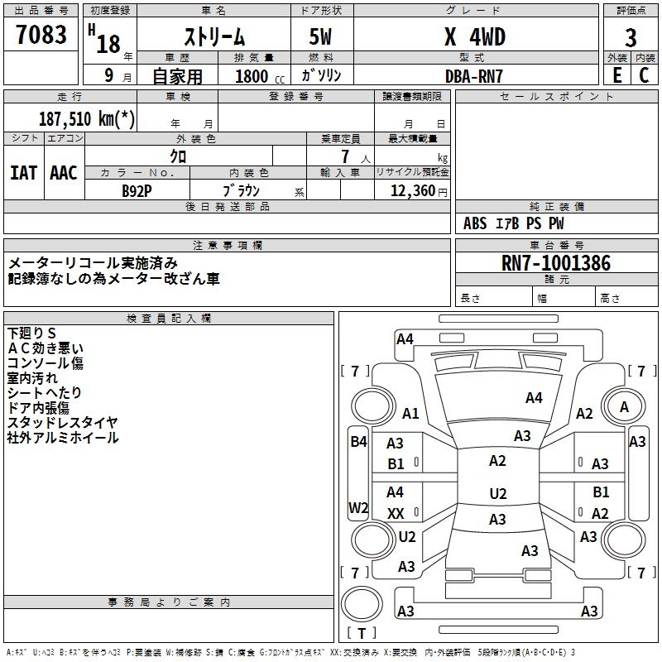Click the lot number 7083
(41, 36)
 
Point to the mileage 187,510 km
(87, 118)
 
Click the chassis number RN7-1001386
(556, 264)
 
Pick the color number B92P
(137, 191)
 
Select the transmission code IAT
(23, 173)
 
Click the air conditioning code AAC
(63, 173)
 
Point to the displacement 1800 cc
(257, 77)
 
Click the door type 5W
(322, 38)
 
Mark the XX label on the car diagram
(396, 514)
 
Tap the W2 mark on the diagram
(358, 507)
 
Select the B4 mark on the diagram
(358, 442)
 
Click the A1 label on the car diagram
(410, 414)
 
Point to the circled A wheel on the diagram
(624, 407)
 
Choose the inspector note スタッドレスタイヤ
(62, 423)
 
